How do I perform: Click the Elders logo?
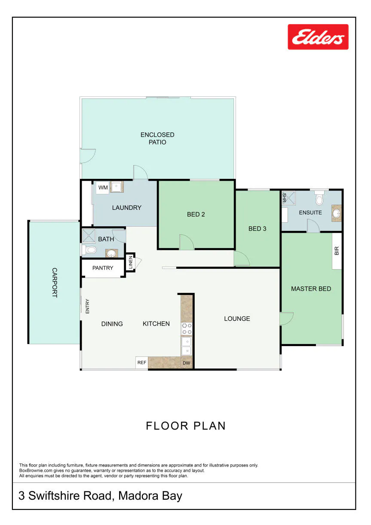tap(318, 37)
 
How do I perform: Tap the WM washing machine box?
tap(103, 187)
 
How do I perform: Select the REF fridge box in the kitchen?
tap(141, 362)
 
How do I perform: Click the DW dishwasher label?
tap(186, 363)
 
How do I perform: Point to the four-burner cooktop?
tap(187, 329)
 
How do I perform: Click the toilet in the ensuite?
tap(319, 198)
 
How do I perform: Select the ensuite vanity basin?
tap(337, 214)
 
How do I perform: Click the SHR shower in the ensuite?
tap(288, 198)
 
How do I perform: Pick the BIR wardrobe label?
tap(337, 251)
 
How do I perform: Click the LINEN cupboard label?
tap(131, 262)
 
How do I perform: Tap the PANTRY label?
tap(103, 268)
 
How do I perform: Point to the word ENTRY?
tap(87, 306)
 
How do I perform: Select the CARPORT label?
tap(54, 282)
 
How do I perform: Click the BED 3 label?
tap(258, 228)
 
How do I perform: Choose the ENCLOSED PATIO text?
tap(157, 138)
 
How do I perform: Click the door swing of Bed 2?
tap(187, 242)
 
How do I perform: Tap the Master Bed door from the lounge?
tap(287, 319)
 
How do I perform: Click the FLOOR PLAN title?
tap(186, 426)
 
